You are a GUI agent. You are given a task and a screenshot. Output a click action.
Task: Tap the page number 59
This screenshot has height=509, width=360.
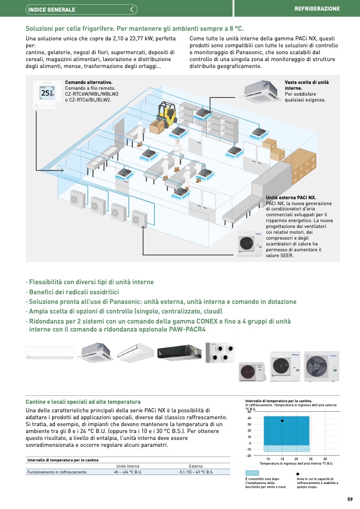[x=350, y=499]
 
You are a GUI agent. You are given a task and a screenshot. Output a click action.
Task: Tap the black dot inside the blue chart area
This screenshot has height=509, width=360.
[x=282, y=420]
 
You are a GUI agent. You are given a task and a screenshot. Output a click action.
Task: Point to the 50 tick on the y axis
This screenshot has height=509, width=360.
[x=249, y=412]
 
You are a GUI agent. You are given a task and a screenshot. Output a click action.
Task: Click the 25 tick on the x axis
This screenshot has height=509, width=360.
[x=310, y=458]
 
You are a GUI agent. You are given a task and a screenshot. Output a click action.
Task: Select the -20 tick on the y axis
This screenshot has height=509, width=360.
[x=248, y=455]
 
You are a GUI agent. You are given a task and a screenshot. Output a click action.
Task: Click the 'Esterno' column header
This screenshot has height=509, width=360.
[x=196, y=466]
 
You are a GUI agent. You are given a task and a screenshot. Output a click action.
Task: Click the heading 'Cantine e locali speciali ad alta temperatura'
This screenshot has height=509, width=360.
[x=83, y=402]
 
